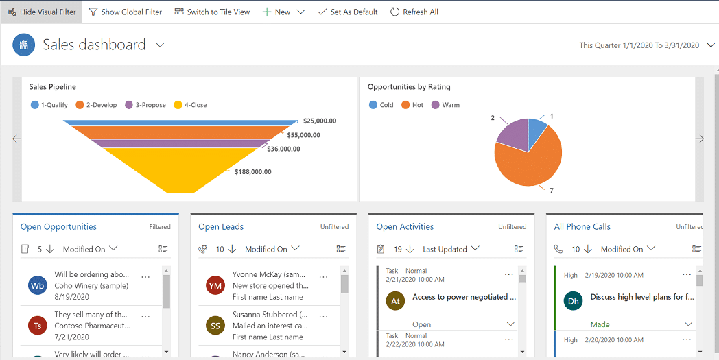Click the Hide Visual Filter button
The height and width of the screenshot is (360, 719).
click(x=41, y=12)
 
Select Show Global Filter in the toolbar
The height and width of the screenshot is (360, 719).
click(x=126, y=12)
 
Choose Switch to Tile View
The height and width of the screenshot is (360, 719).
click(x=212, y=12)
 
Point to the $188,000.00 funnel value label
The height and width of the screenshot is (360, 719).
click(x=252, y=172)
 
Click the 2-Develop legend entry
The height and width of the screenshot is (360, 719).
click(x=97, y=105)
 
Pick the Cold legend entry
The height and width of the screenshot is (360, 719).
click(x=381, y=105)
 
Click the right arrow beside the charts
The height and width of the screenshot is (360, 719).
click(x=699, y=139)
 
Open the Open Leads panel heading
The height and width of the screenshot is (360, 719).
click(x=221, y=226)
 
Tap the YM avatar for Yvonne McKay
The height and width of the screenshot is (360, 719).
click(x=215, y=285)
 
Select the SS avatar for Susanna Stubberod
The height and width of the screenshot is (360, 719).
click(x=215, y=326)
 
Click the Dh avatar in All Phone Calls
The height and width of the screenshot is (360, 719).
click(x=573, y=300)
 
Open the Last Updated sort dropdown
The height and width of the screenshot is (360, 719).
click(x=451, y=249)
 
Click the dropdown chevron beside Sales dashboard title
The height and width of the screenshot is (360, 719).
click(x=160, y=45)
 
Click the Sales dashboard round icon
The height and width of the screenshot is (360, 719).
click(x=24, y=45)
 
